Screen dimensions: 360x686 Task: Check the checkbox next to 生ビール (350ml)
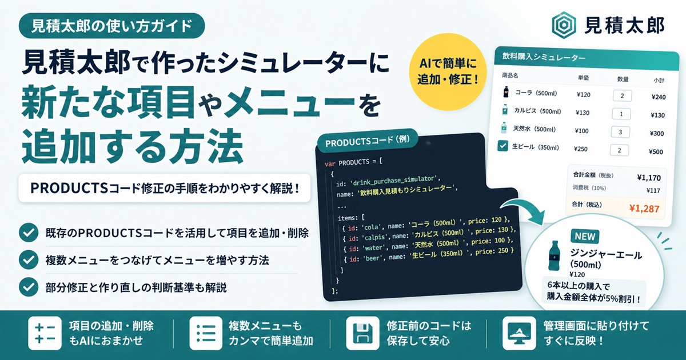[503, 146]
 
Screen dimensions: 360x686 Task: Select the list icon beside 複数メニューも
[205, 332]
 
